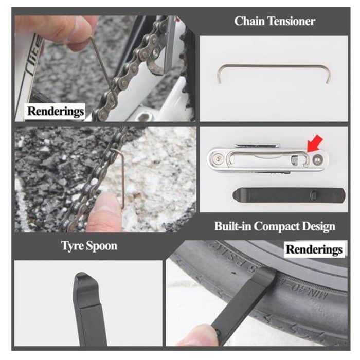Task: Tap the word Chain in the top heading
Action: click(248, 22)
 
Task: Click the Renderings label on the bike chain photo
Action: click(56, 111)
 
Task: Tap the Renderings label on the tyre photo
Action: click(314, 250)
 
